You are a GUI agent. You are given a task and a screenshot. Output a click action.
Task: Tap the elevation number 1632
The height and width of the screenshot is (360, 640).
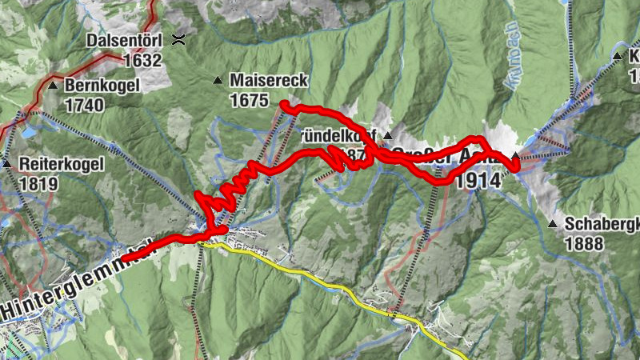143,60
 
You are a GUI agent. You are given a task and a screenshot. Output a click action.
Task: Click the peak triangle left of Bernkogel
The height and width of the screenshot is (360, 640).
53,85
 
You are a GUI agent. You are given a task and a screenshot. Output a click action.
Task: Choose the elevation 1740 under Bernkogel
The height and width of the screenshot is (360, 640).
86,105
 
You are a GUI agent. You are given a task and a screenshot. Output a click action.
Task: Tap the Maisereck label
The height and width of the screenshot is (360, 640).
268,80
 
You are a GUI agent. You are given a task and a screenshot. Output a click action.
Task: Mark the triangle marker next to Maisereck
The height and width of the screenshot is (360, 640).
217,80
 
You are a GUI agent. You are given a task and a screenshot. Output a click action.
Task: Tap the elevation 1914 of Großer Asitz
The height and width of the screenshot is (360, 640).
478,181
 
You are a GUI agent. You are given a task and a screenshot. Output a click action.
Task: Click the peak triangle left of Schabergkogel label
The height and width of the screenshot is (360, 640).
553,224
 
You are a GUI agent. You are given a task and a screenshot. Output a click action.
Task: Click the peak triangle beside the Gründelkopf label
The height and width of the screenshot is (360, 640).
387,134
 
